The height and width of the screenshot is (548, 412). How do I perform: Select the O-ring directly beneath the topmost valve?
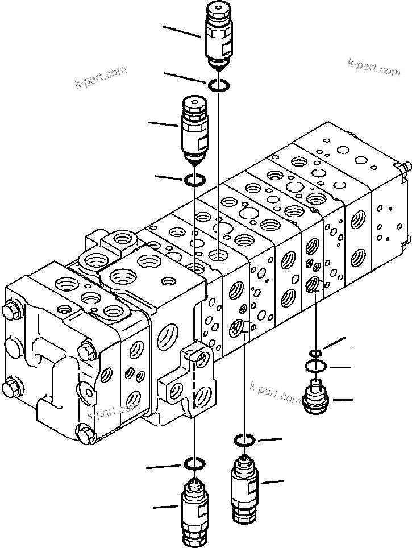coord(218,86)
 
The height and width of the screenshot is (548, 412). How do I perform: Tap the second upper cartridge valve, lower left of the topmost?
coord(195,128)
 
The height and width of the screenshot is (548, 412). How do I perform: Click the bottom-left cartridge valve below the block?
coord(194,510)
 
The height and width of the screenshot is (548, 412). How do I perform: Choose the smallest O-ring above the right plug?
coord(316,354)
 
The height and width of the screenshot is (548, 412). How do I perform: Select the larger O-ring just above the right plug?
coord(316,366)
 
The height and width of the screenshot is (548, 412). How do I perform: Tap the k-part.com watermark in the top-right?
coord(373,67)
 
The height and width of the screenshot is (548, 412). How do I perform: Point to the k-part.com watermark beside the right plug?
coord(276,393)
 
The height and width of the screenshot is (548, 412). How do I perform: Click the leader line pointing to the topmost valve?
coord(182,31)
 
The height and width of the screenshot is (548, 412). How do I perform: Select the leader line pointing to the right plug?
coord(342,400)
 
